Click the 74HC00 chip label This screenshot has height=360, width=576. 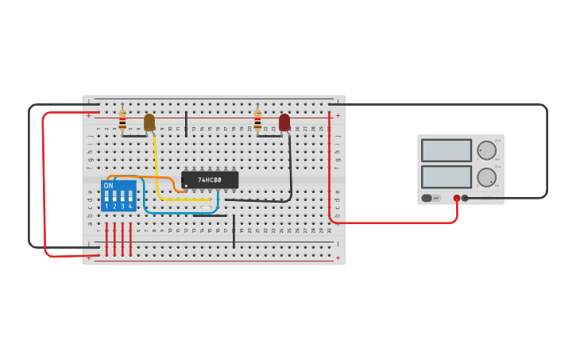click(x=210, y=180)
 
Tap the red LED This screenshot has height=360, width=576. click(x=284, y=122)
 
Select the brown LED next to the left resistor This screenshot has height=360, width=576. click(x=149, y=122)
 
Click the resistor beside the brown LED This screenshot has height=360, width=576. click(x=122, y=120)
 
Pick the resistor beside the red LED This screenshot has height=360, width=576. click(x=257, y=120)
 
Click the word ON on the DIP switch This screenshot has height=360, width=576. click(x=108, y=185)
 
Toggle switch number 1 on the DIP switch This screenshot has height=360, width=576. click(x=106, y=195)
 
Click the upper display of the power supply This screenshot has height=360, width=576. click(x=446, y=150)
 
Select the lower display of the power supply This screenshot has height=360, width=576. click(x=446, y=176)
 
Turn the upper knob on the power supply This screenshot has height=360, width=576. click(x=486, y=150)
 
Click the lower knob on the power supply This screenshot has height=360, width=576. click(x=486, y=177)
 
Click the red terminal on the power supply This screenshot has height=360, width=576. click(x=457, y=198)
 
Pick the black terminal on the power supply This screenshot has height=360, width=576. click(x=466, y=198)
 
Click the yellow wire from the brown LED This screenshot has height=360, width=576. click(x=157, y=171)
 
